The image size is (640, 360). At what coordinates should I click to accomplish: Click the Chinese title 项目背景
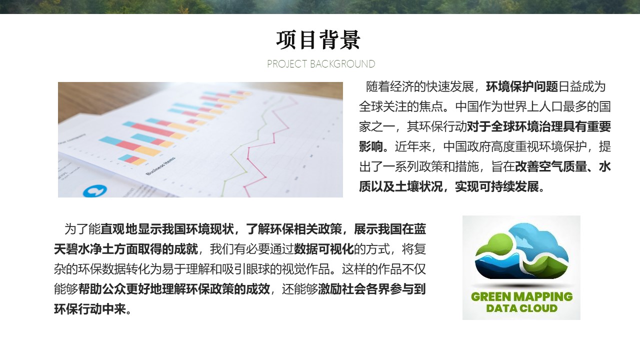click(318, 40)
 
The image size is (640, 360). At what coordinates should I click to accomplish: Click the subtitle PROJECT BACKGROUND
click(321, 64)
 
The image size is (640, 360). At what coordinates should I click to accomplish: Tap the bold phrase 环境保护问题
click(522, 86)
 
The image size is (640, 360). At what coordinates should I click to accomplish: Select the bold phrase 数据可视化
click(323, 249)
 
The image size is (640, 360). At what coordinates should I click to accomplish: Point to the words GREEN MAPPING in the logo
click(521, 296)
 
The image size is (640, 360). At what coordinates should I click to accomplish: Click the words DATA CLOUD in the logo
click(521, 308)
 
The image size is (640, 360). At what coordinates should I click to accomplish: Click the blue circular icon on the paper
click(95, 191)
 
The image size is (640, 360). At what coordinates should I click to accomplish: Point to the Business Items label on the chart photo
click(160, 166)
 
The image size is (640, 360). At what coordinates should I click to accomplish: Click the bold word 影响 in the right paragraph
click(371, 146)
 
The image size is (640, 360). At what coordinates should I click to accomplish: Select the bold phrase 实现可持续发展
click(497, 187)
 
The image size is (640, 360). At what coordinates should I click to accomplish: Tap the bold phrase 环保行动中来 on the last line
click(90, 309)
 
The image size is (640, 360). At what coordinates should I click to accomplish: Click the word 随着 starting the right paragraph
click(377, 86)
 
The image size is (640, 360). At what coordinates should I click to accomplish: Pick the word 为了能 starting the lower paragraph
click(82, 229)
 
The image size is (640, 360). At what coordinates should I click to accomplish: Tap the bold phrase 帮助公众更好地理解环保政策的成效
click(174, 289)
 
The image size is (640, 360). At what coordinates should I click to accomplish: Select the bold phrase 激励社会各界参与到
click(371, 289)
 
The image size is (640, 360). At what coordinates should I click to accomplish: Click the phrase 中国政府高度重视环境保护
click(515, 146)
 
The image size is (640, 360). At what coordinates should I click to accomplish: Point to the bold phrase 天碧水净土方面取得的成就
click(125, 249)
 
